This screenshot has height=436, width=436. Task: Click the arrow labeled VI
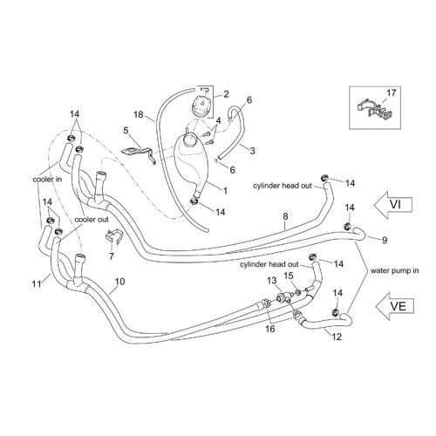coord(393,205)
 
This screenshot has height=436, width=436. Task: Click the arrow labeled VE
coord(394,306)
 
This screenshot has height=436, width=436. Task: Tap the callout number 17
coord(392,93)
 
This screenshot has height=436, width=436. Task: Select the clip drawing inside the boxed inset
coord(374,110)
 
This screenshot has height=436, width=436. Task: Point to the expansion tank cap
coord(201,106)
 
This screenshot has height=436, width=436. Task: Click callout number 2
coord(226,94)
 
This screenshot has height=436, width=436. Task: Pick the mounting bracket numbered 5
coord(138,154)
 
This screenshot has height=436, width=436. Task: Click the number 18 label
coord(139,114)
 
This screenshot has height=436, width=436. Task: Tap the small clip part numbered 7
coord(113,237)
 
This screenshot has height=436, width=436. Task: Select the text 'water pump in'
coord(394,270)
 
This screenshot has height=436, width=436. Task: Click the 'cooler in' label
coord(47,180)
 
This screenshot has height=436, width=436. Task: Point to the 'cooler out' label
coord(92,220)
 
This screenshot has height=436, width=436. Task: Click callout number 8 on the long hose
coord(285,216)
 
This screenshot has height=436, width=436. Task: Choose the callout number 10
coord(119,282)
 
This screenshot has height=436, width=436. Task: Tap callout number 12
coord(337,337)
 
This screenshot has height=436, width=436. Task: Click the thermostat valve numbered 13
coord(282,297)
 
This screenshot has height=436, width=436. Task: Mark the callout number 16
coord(270,329)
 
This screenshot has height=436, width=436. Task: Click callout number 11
coord(37,283)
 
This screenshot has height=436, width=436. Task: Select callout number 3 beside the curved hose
coord(252,151)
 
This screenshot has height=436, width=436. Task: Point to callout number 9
coord(385,240)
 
